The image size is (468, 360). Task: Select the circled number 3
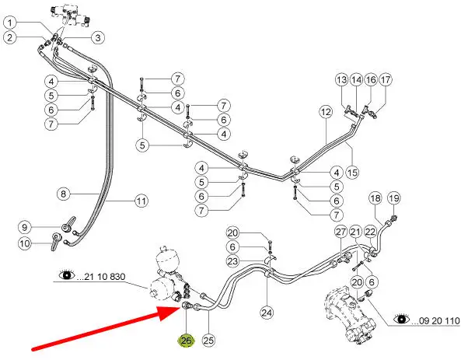click(x=98, y=37)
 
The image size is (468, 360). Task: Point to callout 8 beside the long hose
click(x=64, y=193)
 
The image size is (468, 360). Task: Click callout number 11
click(x=141, y=201)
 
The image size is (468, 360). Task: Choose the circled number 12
click(x=326, y=113)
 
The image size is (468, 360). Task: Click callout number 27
click(x=341, y=232)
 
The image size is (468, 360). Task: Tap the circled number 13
click(x=342, y=80)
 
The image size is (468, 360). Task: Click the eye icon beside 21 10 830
click(x=65, y=274)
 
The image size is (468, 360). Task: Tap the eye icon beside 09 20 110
click(x=400, y=319)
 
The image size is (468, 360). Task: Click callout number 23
click(x=232, y=260)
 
